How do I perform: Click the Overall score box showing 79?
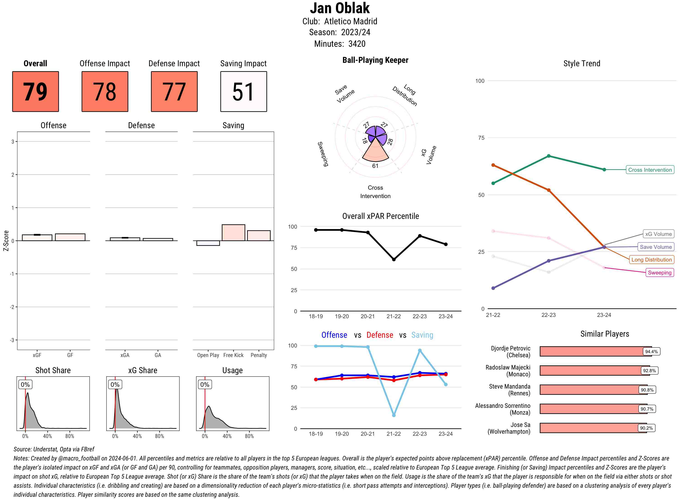(35, 92)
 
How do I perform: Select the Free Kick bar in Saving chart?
(233, 232)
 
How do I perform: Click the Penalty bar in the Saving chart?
(259, 236)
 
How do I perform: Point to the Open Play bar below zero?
(208, 243)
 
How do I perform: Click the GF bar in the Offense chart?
(70, 237)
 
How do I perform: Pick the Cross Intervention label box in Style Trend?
(650, 170)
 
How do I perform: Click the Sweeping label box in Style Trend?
(659, 272)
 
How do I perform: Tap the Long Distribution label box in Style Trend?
(651, 259)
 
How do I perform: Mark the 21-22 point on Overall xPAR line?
(393, 259)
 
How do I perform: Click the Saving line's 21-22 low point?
(393, 415)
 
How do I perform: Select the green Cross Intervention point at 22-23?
(548, 156)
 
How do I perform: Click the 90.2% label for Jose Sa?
(646, 428)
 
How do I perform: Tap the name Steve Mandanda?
(510, 386)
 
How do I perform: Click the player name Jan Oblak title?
(340, 8)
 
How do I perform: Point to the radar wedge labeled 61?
(375, 153)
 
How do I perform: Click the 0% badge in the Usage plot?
(205, 384)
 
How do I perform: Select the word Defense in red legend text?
(380, 335)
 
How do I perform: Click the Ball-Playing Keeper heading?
(375, 60)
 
